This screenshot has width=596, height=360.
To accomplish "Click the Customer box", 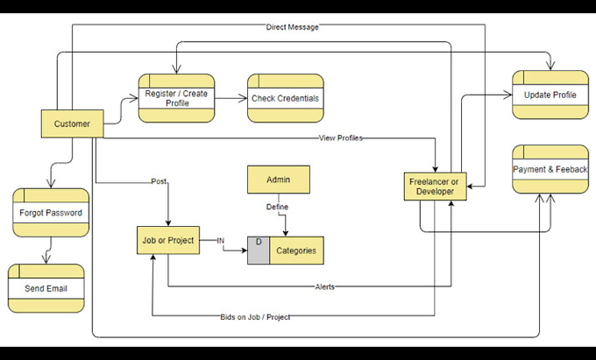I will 72,124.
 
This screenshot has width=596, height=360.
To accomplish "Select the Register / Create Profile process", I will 176,98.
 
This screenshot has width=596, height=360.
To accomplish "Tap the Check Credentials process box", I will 285,98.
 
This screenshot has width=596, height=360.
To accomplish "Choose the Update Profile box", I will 550,95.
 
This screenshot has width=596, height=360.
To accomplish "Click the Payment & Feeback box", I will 550,168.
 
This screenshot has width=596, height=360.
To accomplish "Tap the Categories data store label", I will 296,251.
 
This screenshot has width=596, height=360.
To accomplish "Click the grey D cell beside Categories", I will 259,251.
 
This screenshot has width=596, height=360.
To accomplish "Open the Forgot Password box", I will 50,213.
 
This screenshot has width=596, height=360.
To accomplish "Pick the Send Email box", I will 46,288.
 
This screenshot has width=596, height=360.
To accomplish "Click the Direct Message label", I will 292,27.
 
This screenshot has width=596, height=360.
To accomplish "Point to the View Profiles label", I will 341,138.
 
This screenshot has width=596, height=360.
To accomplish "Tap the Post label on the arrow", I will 159,182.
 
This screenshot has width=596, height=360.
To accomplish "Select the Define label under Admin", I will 277,207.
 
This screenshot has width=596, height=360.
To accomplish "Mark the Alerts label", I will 324,286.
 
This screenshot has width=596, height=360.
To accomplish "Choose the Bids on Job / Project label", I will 255,316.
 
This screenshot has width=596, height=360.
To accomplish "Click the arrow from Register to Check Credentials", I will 231,98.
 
